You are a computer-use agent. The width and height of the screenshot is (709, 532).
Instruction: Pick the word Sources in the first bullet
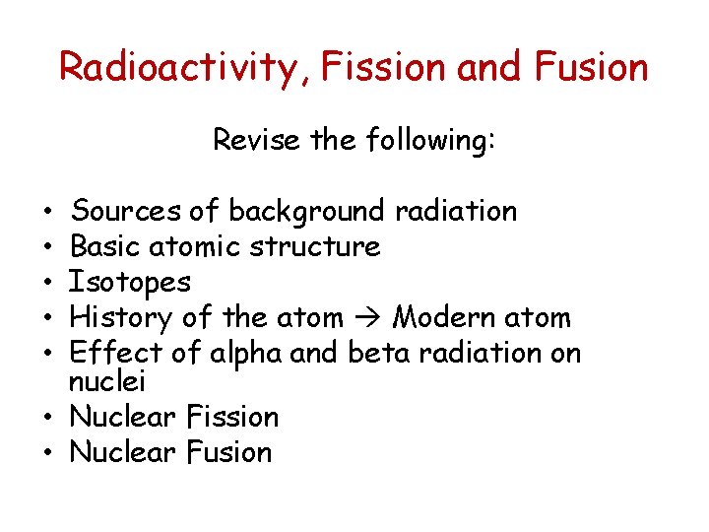coord(127,211)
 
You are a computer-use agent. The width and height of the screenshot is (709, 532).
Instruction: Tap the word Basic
coord(105,246)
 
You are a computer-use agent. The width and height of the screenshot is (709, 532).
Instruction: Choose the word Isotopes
coord(129,283)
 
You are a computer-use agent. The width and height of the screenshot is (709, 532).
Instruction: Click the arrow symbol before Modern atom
coord(365,318)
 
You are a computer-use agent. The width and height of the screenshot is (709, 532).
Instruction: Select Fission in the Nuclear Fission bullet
coord(232,416)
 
